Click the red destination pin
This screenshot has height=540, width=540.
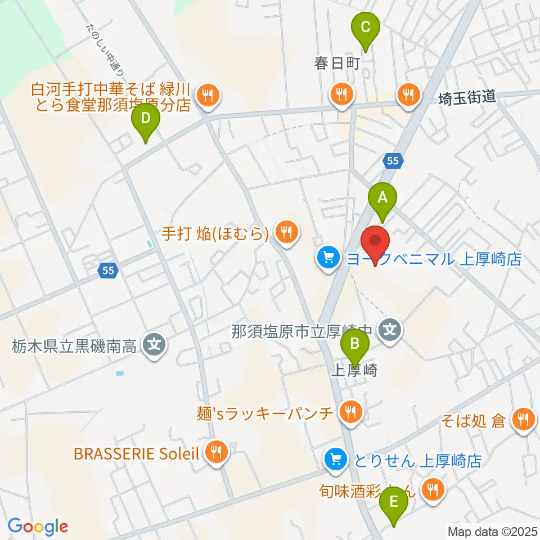pos(376,244)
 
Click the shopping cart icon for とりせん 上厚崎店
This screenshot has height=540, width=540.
pos(336,460)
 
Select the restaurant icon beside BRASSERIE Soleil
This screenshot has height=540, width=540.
pos(215,452)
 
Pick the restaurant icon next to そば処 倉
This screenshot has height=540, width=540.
pos(523,418)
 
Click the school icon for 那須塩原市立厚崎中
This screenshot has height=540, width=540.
pos(391,328)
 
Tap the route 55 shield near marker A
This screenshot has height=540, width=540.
pos(393,161)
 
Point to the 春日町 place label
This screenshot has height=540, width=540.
pos(337,63)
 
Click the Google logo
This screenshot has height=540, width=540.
pos(38,526)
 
